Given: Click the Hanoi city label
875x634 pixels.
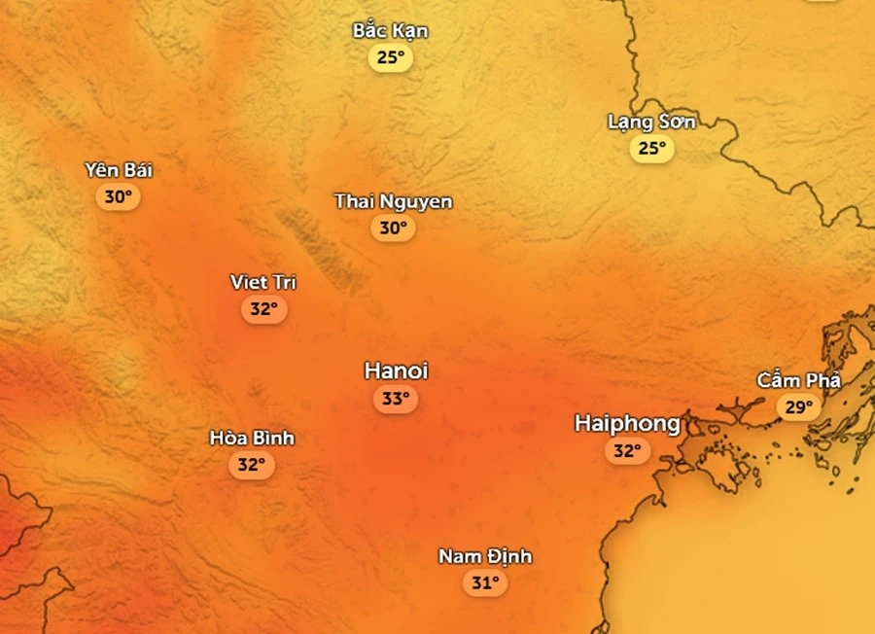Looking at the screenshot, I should click(x=396, y=370).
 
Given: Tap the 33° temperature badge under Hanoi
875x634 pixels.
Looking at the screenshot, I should click(x=395, y=399).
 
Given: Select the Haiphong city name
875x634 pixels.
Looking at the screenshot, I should click(x=627, y=423).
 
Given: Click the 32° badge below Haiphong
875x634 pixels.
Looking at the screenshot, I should click(x=627, y=451).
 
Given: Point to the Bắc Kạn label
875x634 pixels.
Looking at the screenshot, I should click(x=390, y=31).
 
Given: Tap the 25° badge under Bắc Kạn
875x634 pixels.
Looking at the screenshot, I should click(x=390, y=57).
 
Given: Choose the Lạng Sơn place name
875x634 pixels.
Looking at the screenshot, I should click(x=651, y=122).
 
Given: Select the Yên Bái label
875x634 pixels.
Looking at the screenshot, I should click(x=119, y=170).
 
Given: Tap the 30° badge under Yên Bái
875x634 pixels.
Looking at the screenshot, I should click(x=119, y=197).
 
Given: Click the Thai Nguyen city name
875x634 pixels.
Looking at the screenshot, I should click(x=393, y=201).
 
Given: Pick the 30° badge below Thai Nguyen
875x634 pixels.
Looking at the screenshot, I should click(x=393, y=228).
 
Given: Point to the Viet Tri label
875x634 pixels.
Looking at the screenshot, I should click(x=263, y=282).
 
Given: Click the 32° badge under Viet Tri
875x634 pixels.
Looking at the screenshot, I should click(x=263, y=309).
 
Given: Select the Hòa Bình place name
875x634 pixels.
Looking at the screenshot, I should click(x=252, y=438).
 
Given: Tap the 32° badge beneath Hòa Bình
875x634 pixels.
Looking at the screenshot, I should click(x=252, y=465).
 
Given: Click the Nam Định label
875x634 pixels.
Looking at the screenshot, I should click(x=485, y=556).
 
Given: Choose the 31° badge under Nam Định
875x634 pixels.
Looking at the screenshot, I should click(x=485, y=583).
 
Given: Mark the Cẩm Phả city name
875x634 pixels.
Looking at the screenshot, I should click(x=799, y=380).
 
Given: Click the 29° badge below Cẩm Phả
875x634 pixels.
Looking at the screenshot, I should click(x=798, y=407).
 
